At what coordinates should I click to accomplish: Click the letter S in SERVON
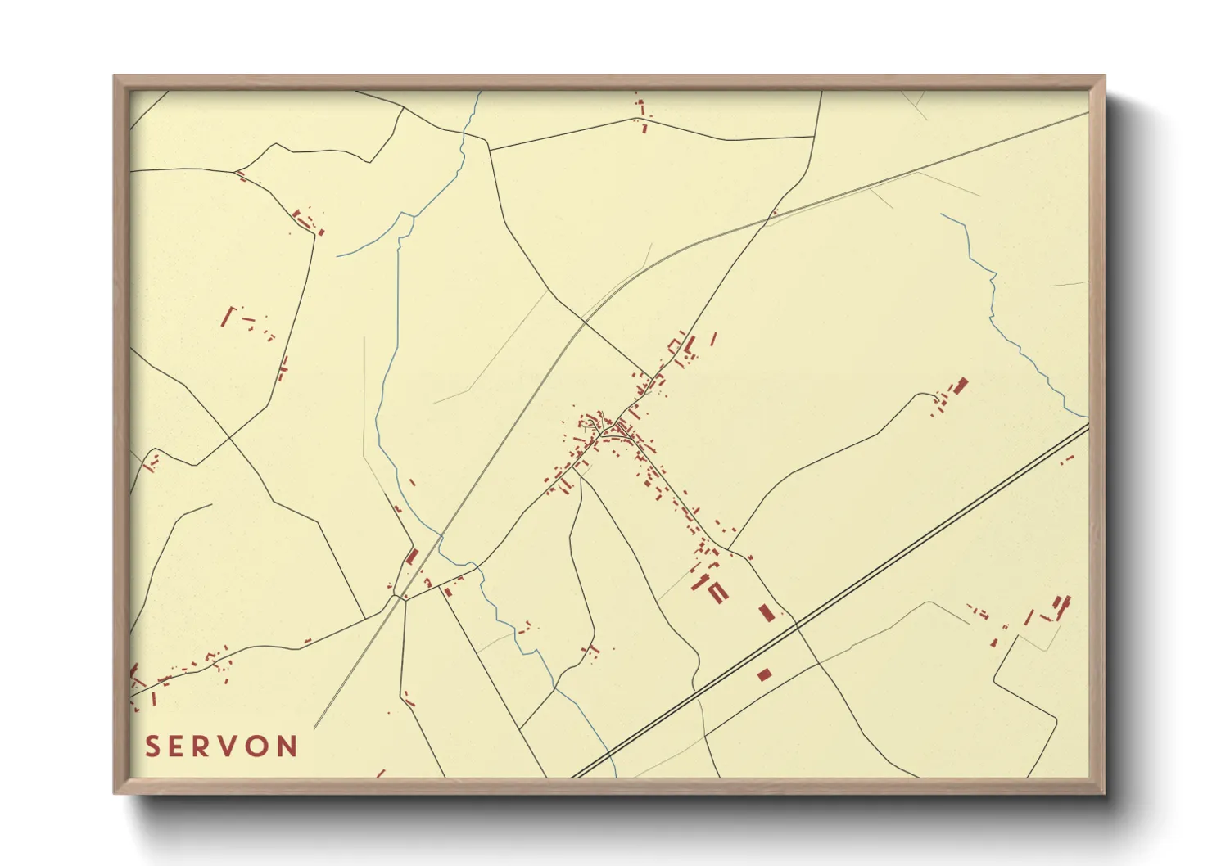(151, 746)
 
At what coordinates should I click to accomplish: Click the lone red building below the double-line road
(764, 674)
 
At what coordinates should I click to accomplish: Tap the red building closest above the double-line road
(767, 612)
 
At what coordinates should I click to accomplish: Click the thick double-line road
(901, 557)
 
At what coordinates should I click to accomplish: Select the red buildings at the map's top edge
(641, 111)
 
